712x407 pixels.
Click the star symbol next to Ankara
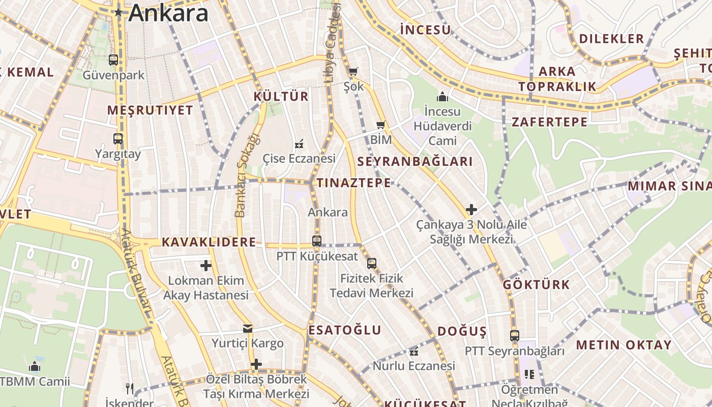[x=118, y=12]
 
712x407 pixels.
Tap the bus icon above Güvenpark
[x=113, y=60]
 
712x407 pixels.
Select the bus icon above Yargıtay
[x=118, y=138]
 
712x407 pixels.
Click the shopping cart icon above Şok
[x=353, y=71]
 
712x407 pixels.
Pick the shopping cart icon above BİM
[x=380, y=125]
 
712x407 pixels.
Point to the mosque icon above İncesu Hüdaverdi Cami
[x=442, y=96]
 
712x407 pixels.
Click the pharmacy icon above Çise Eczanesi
[x=299, y=144]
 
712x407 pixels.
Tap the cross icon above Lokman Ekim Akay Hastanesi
[x=205, y=265]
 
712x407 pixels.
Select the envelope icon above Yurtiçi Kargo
[x=248, y=329]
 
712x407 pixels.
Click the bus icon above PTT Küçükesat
[x=317, y=241]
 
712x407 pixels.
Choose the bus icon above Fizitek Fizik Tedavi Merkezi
[x=372, y=263]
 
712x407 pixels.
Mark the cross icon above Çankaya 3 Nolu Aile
[x=471, y=209]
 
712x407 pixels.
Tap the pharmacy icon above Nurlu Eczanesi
[x=414, y=351]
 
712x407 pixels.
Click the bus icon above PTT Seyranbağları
[x=515, y=336]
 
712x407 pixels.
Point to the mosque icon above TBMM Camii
[x=35, y=366]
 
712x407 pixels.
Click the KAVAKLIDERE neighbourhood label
[x=209, y=242]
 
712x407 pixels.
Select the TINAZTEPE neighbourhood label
[x=354, y=183]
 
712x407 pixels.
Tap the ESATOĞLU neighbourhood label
[x=345, y=330]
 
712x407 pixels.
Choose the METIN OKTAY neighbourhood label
[x=624, y=345]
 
